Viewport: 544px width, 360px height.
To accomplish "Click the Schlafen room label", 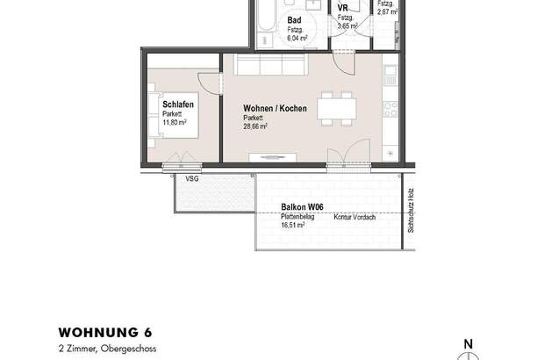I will point(178,104).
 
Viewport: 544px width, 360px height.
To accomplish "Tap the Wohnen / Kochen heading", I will point(275,109).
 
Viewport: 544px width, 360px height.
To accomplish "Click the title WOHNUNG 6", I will point(104,333).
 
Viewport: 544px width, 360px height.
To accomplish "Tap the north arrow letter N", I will point(469,343).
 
